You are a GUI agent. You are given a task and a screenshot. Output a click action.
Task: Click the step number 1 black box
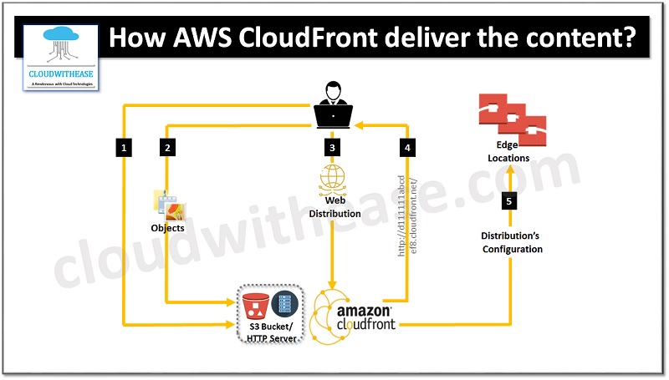(x=124, y=148)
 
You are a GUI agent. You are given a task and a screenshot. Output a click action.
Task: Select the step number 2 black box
(x=168, y=148)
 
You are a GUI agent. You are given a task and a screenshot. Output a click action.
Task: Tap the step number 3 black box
(x=334, y=148)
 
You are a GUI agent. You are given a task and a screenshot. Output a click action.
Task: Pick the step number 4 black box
(x=407, y=148)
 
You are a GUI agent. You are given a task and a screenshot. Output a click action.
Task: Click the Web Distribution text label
(x=334, y=207)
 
